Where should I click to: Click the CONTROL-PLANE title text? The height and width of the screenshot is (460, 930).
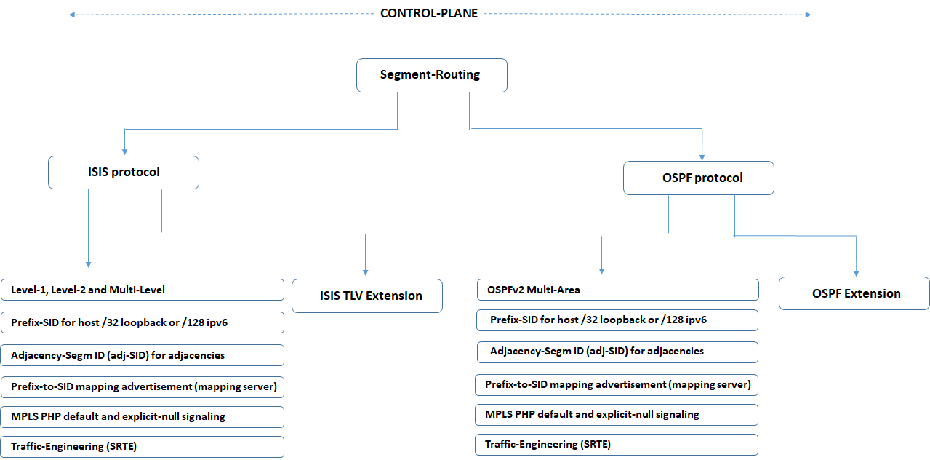point(429,13)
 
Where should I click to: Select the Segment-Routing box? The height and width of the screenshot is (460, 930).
point(431,75)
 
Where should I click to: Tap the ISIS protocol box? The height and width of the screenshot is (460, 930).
point(123,172)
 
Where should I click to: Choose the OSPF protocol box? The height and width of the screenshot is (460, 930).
point(698,178)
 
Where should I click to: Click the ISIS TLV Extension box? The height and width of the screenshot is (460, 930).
point(366,296)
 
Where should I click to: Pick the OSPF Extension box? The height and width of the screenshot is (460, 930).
point(854,293)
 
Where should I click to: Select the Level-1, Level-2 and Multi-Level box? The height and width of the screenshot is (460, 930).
point(142,290)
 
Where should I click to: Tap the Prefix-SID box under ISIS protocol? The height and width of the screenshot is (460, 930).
point(142,322)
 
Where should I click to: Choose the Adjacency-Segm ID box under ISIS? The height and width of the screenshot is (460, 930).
point(142,355)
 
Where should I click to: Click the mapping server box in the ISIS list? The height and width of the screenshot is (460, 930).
point(142,386)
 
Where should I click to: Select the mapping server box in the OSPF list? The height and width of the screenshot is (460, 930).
point(617,384)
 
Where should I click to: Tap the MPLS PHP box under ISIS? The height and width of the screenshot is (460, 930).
point(142,417)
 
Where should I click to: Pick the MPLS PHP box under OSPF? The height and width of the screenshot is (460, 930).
point(617,414)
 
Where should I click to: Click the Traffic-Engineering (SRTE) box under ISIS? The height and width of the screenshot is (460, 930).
point(142,446)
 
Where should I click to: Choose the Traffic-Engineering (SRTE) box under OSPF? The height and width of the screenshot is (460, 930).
point(617,444)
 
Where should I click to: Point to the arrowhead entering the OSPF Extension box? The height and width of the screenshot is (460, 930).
point(856,272)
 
